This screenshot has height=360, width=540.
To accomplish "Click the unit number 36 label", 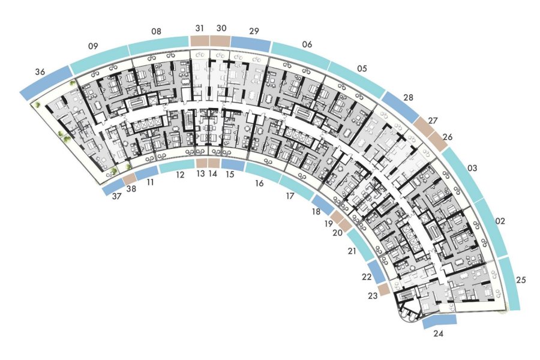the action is coord(40,72).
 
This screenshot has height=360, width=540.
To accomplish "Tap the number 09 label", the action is coord(93,46).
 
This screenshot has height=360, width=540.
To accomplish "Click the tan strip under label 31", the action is coord(200,41).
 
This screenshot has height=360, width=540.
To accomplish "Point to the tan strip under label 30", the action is coord(220,41).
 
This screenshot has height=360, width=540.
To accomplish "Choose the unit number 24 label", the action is coord(439,334).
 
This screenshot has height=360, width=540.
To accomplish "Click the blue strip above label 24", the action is coord(439,320).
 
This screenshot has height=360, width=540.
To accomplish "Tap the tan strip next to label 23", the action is coord(383,290).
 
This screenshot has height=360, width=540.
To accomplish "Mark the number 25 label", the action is coord(521,280).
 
